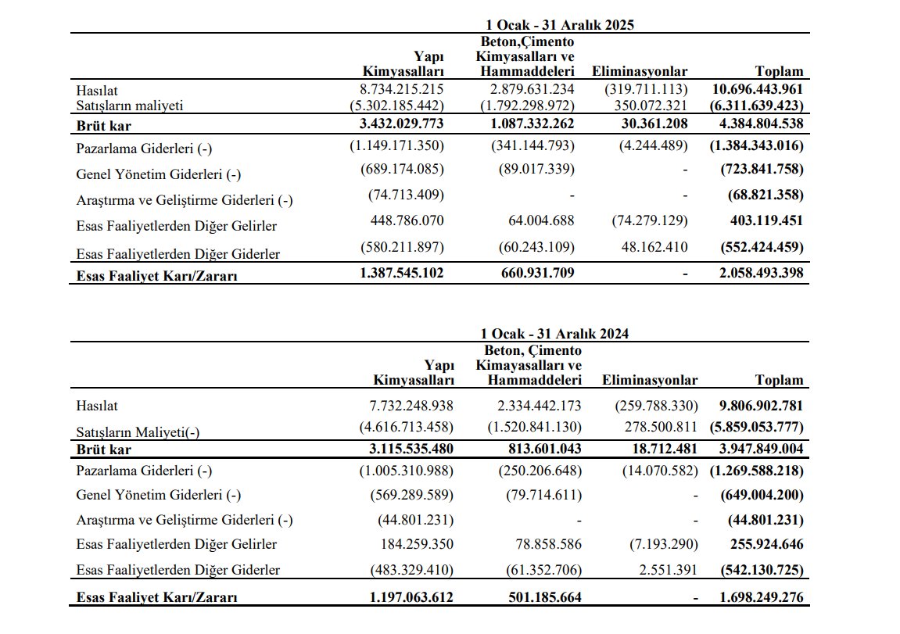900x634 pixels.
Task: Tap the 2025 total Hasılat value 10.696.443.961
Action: pos(758,90)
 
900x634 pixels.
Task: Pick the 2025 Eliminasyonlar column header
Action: pos(640,72)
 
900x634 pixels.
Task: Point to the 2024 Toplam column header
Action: pos(779,380)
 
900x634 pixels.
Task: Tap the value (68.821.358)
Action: pos(762,195)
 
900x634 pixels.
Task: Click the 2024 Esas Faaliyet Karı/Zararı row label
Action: pos(156,597)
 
